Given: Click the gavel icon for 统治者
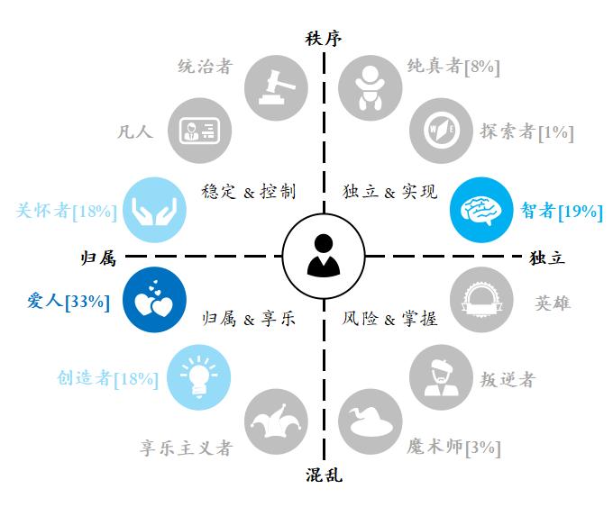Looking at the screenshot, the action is click(277, 88).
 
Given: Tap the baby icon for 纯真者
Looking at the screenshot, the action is click(371, 88).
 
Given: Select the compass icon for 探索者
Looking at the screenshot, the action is click(442, 131).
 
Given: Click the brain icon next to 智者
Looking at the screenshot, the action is click(481, 210).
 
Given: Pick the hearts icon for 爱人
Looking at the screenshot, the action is click(154, 300).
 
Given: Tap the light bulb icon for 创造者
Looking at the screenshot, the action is click(198, 377).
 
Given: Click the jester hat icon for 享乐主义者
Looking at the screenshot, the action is click(277, 421).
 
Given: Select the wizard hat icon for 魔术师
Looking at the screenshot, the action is click(371, 421).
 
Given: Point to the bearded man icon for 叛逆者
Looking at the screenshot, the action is click(442, 377).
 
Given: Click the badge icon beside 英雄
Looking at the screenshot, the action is click(481, 300).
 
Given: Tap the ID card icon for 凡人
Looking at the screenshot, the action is click(199, 131).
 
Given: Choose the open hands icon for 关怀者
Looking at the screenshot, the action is click(154, 210).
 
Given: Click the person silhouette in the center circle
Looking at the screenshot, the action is click(324, 256).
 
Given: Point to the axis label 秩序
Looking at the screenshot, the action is click(324, 39).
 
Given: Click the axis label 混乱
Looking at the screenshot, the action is click(324, 475).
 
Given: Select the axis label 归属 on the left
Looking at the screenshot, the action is click(98, 258).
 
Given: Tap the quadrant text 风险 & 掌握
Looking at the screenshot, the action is click(389, 319).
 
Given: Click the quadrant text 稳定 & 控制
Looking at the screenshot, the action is click(249, 192).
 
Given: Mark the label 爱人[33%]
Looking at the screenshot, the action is click(69, 301).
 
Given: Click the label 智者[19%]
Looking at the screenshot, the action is click(562, 212).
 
